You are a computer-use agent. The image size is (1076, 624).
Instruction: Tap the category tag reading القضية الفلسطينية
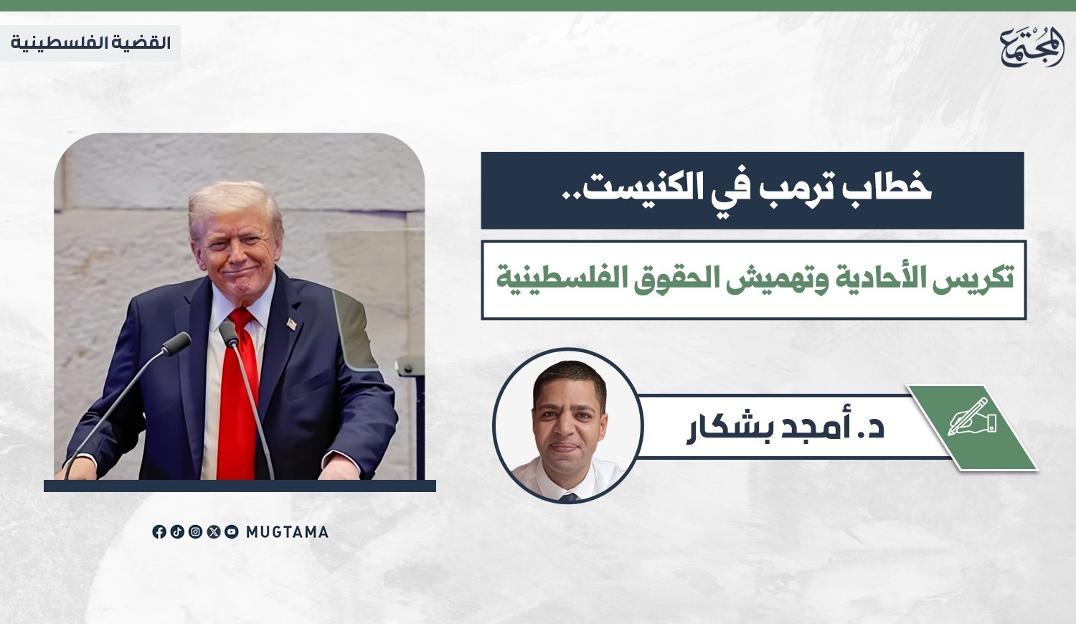coord(91,43)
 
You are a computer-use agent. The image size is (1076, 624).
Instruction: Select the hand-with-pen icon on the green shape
coord(972,417)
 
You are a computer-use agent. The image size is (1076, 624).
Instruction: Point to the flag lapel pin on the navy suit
coord(291,323)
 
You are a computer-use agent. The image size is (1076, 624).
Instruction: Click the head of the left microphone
coord(176,344)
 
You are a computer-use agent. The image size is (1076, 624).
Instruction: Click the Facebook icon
coord(159,531)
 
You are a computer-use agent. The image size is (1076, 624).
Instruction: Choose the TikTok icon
coord(177,531)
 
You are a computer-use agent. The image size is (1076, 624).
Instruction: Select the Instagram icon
coord(196,531)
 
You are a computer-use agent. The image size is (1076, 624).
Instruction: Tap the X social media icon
coord(214,531)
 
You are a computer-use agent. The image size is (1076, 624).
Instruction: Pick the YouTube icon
coord(232,531)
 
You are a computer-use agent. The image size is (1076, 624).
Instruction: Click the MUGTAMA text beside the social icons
coord(287,532)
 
